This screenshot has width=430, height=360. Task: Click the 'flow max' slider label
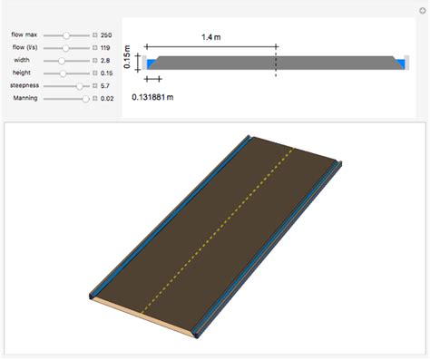pos(24,34)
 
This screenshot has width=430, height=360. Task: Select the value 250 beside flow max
pos(106,34)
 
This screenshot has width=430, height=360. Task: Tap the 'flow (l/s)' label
pos(24,46)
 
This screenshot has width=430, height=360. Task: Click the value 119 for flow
pos(106,46)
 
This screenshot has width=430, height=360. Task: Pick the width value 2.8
pos(105,59)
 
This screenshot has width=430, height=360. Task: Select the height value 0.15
pos(107,72)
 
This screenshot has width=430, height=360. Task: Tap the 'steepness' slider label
pos(24,84)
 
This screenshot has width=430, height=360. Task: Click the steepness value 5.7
pos(105,84)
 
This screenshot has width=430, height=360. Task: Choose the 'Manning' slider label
pos(25,97)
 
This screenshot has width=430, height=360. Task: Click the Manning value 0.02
pos(107,97)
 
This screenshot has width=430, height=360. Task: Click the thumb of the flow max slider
pos(65,34)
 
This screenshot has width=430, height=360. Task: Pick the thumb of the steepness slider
pos(80,84)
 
